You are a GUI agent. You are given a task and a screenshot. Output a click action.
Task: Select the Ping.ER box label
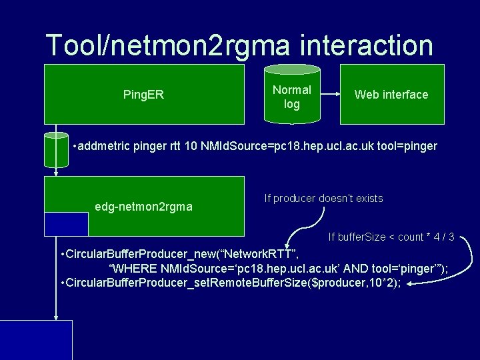coord(143,95)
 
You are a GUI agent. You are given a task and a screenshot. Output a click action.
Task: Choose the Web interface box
coord(391,95)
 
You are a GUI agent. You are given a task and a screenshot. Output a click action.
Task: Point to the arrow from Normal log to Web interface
coord(329,95)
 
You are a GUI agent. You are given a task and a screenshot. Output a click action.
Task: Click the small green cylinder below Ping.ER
coord(56,149)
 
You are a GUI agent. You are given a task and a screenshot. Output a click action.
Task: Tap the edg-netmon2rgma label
coord(143,207)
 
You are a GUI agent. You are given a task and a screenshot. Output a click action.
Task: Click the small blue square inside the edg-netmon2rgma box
coord(66,224)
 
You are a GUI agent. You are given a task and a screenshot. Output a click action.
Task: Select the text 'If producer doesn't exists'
coord(323,198)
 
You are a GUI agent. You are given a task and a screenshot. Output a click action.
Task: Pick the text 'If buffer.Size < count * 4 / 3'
coord(391,237)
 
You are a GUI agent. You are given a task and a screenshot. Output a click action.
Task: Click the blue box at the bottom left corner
coord(36,340)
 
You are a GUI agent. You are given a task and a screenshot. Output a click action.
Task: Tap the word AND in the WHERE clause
coord(339,269)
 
